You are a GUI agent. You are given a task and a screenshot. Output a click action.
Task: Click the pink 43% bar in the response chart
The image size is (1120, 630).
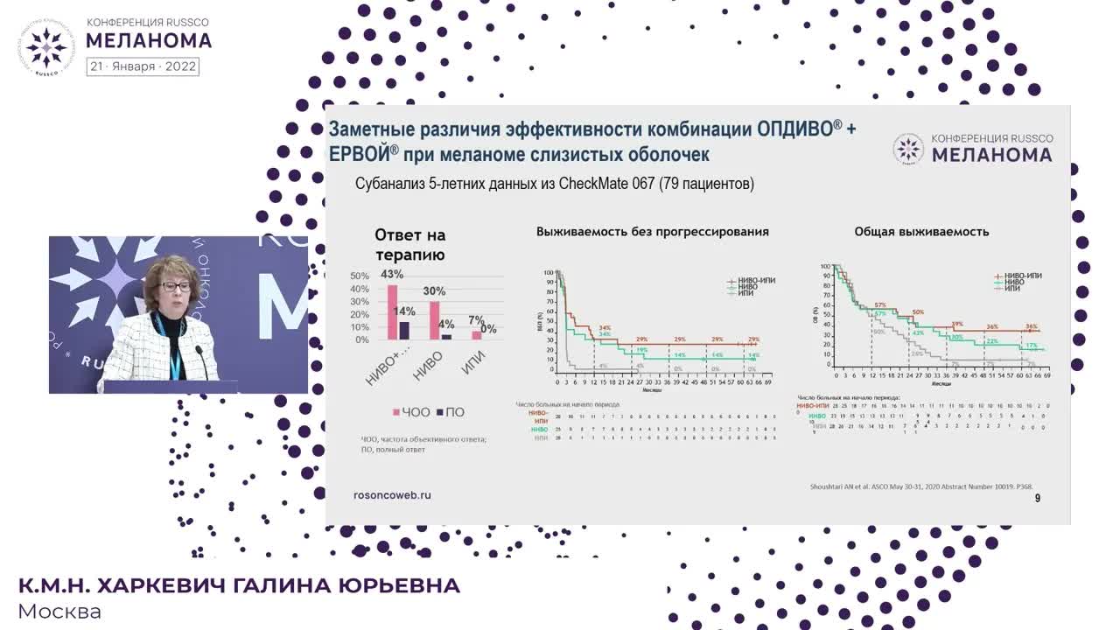click(x=393, y=312)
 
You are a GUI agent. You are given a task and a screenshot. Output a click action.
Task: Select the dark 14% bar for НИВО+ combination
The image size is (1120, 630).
click(x=404, y=330)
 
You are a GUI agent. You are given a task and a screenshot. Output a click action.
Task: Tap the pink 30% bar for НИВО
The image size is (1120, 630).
click(x=435, y=320)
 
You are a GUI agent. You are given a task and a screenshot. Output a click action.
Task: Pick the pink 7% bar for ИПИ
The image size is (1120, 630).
click(x=477, y=335)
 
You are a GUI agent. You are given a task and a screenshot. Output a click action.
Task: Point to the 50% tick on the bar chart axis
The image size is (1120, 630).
click(x=360, y=276)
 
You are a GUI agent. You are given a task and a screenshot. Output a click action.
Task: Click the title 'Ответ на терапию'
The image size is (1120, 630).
click(x=409, y=245)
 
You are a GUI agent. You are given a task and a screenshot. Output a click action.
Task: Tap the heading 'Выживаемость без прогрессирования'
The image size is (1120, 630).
click(x=653, y=232)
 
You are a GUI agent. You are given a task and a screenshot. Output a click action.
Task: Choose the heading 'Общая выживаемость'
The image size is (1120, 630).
click(x=921, y=232)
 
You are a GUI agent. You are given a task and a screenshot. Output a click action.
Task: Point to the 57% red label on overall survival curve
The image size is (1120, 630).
click(x=880, y=305)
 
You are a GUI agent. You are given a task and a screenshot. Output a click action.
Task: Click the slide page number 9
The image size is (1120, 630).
click(x=1038, y=498)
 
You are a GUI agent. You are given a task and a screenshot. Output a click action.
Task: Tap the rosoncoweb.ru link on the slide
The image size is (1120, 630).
click(x=391, y=494)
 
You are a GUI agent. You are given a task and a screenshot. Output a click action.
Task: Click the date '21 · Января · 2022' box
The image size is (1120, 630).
click(x=143, y=66)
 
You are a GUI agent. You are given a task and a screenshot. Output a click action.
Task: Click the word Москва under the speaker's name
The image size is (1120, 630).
click(x=59, y=612)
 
